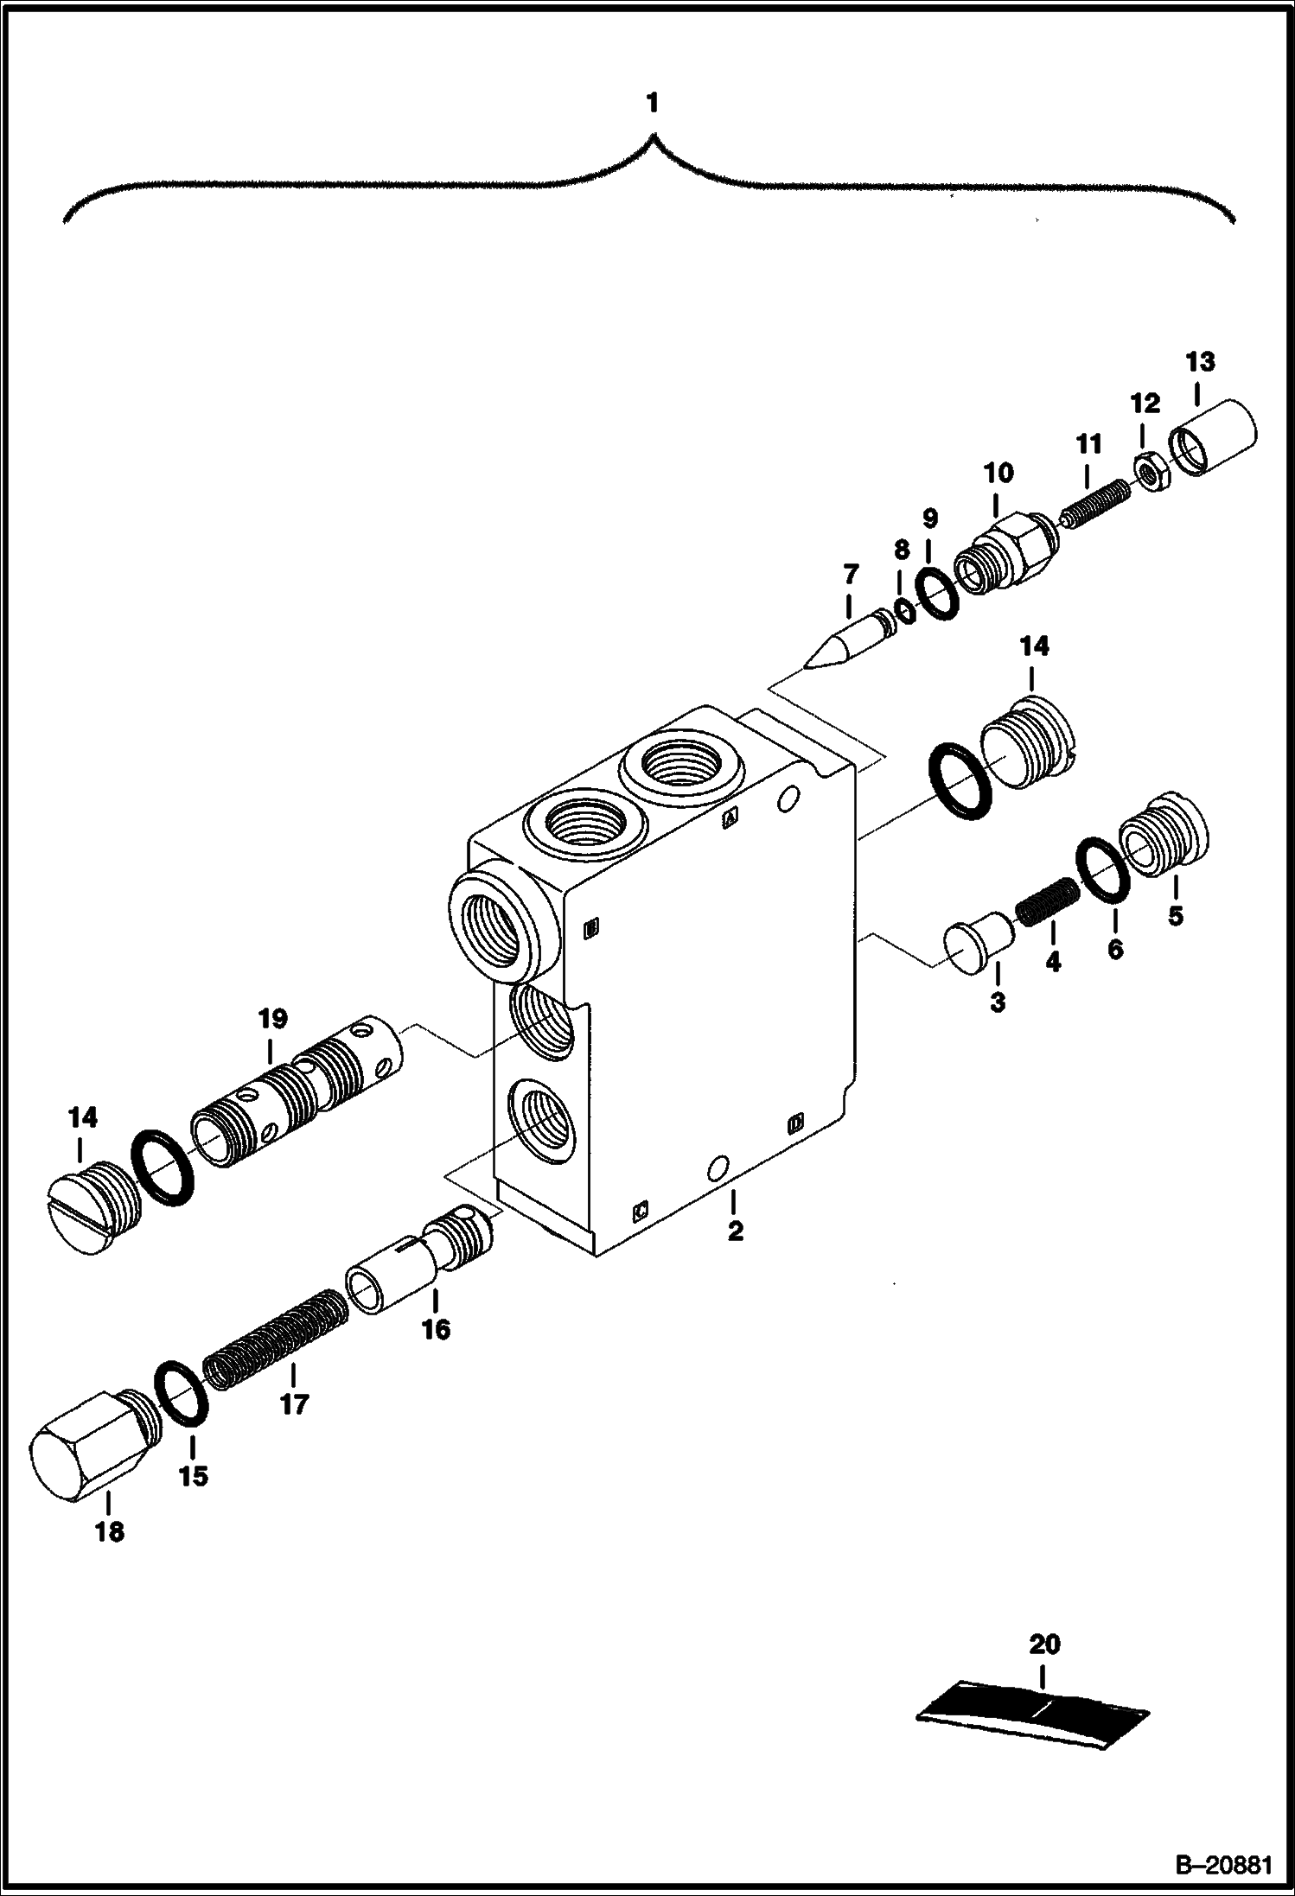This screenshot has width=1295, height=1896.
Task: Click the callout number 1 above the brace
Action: click(652, 104)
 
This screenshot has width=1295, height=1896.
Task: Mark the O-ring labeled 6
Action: click(1103, 870)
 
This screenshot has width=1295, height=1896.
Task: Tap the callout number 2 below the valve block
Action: click(735, 1231)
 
